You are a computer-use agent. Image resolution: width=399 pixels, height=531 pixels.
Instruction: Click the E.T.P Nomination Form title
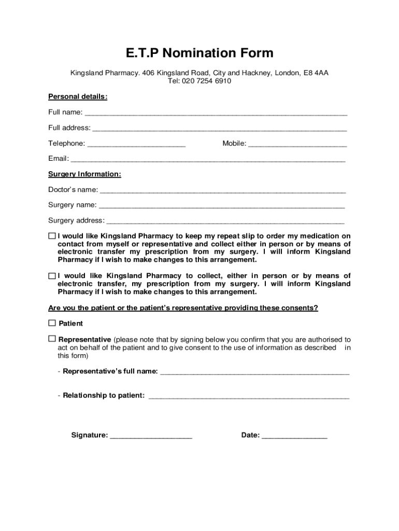(199, 53)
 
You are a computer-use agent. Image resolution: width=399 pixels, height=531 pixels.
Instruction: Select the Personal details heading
(78, 97)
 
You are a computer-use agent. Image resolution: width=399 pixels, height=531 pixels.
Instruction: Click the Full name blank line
(216, 113)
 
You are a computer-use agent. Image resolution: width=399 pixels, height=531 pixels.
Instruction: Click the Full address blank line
(219, 129)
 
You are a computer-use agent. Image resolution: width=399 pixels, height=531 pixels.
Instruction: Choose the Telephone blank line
(136, 144)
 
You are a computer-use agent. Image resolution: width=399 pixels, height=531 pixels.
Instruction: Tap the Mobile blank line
(297, 144)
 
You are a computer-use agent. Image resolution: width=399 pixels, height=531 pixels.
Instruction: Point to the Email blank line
(208, 160)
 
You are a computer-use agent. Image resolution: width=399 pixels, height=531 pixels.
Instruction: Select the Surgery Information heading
(84, 174)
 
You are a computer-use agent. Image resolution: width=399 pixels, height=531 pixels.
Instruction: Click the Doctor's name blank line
(222, 190)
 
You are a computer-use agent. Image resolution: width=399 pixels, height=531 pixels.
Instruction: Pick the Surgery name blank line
(221, 206)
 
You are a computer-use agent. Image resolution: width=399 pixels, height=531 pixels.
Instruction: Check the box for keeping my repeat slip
(52, 236)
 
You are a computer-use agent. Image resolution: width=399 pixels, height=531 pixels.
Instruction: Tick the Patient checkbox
(52, 323)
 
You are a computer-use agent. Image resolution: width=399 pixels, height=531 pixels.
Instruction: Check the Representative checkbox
(52, 339)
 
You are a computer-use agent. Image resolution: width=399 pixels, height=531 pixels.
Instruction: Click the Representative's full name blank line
(254, 372)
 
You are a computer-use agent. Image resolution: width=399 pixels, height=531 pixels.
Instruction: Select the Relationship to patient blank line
(249, 396)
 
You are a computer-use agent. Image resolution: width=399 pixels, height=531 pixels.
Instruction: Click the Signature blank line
(151, 436)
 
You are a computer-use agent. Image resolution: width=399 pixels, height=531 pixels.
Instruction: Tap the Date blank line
(294, 436)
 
